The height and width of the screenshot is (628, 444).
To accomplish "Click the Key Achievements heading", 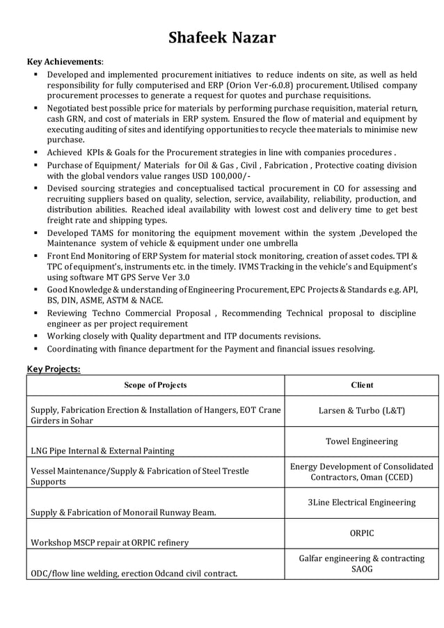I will [64, 61].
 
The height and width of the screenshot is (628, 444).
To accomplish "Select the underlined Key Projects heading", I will [54, 368].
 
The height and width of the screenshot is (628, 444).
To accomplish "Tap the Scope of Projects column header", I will [155, 385].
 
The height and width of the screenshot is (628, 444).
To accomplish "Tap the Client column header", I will [361, 385].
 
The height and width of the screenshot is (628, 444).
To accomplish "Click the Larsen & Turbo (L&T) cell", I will [361, 411].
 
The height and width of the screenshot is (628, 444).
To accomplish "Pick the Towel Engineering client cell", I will [361, 441].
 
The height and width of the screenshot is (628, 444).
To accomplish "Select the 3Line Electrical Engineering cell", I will [361, 502].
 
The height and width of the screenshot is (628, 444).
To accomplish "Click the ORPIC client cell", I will [361, 533].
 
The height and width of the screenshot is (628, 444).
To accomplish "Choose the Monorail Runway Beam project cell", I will [123, 512].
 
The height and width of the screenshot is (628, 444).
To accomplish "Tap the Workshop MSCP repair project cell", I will [109, 542].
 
